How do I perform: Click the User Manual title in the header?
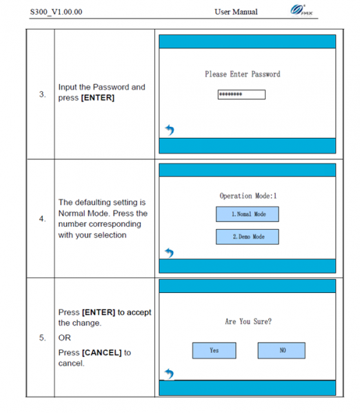click(236, 12)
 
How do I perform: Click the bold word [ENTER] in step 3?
click(98, 98)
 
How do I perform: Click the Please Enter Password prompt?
click(242, 74)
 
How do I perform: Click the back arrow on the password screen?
click(170, 130)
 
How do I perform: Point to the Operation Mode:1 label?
click(248, 196)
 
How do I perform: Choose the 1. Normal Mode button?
click(248, 214)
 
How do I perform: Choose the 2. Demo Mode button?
click(248, 237)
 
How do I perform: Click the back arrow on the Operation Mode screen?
click(170, 253)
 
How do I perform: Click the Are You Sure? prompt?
click(248, 321)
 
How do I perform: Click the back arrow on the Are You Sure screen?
click(170, 374)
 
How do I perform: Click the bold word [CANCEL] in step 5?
click(102, 353)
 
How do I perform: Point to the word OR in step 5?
click(64, 338)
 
